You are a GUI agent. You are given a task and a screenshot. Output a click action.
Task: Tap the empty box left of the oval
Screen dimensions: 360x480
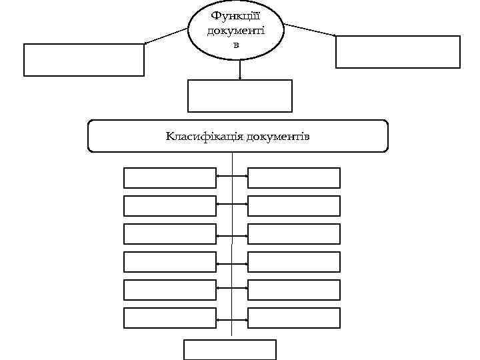84,60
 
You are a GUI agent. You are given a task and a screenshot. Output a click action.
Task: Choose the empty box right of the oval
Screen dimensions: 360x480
397,52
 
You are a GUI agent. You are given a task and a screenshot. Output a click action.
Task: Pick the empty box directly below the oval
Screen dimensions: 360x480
240,95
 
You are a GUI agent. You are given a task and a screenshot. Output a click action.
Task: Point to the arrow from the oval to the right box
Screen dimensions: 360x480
310,31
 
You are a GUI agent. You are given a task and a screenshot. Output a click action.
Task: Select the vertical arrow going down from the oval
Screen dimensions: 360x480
240,70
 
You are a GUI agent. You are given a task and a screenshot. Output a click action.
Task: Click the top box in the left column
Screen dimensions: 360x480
170,178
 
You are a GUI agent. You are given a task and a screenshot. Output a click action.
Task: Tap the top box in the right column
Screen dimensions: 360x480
294,178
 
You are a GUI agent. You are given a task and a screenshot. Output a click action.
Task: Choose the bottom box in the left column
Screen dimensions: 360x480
170,318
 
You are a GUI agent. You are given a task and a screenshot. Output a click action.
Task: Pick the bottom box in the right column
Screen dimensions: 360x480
294,318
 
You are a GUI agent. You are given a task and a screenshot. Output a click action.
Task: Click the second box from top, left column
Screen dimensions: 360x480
170,206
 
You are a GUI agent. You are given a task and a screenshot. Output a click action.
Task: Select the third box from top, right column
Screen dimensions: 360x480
294,234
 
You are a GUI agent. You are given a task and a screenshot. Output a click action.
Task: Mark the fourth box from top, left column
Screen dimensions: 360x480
170,262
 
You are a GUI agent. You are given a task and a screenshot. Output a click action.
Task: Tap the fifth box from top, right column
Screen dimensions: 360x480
294,290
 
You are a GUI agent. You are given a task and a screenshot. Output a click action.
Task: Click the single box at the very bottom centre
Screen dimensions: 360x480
230,350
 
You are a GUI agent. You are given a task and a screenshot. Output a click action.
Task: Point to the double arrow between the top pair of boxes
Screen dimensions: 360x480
232,178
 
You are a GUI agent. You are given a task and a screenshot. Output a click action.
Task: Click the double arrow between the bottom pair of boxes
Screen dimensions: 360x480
232,318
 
